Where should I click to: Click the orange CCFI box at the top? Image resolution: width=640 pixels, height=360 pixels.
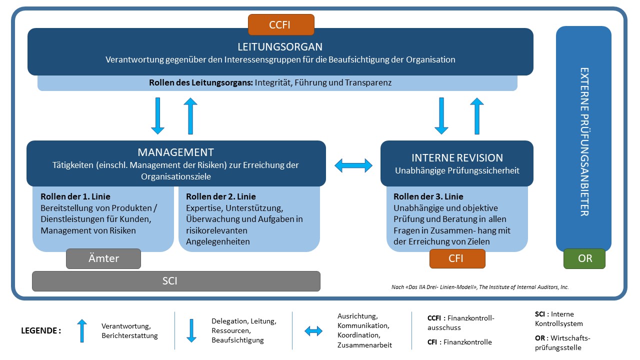coord(281,24)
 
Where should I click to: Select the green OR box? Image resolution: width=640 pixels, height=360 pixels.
coord(584,258)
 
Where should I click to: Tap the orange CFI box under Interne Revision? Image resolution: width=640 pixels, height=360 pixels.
coord(457,258)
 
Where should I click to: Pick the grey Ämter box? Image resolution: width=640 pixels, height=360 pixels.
coord(103,258)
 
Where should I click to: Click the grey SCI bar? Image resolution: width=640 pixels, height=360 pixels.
coord(176,281)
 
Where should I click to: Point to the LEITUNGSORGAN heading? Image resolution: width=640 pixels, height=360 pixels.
coord(280,47)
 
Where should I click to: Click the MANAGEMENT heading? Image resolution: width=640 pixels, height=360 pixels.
coord(175,152)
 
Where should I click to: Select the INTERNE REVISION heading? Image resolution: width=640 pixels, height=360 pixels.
coord(457,158)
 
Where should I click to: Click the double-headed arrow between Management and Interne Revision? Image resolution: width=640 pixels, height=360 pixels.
coord(353,165)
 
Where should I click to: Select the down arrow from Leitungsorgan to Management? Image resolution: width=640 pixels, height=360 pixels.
coord(157,116)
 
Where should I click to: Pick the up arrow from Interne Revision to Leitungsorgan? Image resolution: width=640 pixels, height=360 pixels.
coord(477,116)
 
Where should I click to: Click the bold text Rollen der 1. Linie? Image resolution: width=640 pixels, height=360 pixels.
coord(75,196)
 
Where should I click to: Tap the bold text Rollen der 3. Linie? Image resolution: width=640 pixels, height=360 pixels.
coord(428,196)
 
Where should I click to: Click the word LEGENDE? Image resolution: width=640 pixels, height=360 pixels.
coord(41,330)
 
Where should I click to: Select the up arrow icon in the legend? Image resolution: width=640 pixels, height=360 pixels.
coord(82,330)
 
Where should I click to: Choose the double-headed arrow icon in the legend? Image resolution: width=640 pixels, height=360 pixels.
coord(313,330)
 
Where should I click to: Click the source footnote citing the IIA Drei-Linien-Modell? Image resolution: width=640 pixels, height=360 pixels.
coord(480,287)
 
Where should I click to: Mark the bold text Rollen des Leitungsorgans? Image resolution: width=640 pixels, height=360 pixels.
coord(201,83)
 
